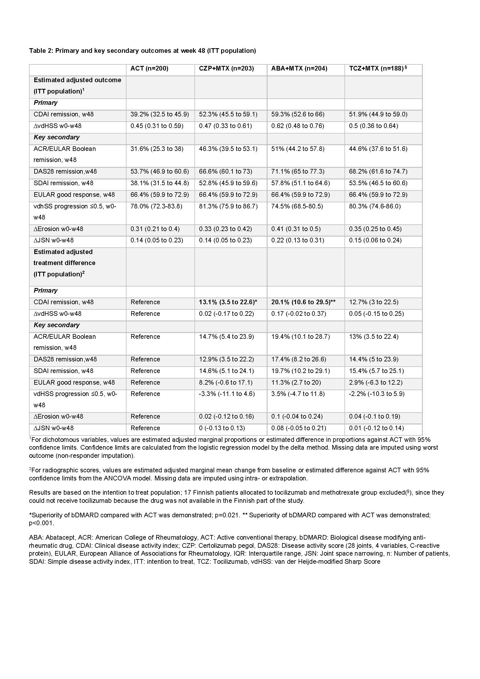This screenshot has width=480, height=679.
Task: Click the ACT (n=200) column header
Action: point(149,69)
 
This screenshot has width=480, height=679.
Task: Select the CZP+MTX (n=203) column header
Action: point(226,69)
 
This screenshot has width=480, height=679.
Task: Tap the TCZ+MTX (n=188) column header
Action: point(376,69)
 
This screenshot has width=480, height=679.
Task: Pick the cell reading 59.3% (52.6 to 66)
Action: point(298,114)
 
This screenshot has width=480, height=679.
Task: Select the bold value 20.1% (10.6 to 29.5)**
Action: point(303,302)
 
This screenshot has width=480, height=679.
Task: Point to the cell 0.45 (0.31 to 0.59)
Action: point(157,126)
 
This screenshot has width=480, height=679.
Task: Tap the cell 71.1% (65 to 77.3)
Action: point(298,171)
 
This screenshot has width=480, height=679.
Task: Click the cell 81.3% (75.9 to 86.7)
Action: point(228,206)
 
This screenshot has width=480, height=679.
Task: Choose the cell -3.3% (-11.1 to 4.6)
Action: point(227,394)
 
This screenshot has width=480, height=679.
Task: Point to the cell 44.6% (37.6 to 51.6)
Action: point(378,149)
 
